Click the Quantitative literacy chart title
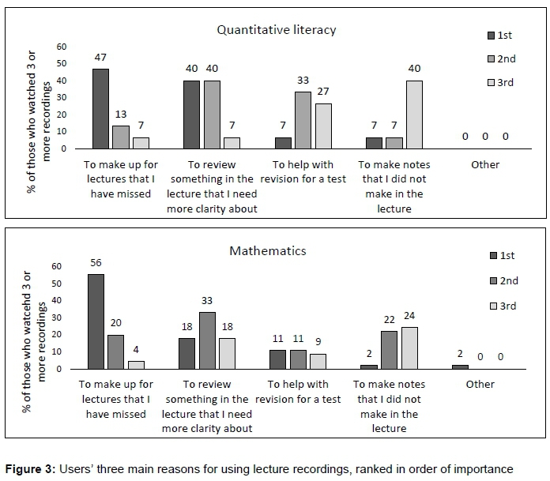tap(277, 30)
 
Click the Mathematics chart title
tap(268, 251)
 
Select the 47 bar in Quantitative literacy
tap(100, 108)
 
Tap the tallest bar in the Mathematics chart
tap(95, 321)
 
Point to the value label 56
tap(95, 263)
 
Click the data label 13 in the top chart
tap(120, 115)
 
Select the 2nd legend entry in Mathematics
tap(503, 280)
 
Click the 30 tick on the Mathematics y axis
tap(56, 317)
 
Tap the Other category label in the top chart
tap(485, 164)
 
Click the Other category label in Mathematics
tap(480, 384)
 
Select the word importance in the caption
tap(481, 469)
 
